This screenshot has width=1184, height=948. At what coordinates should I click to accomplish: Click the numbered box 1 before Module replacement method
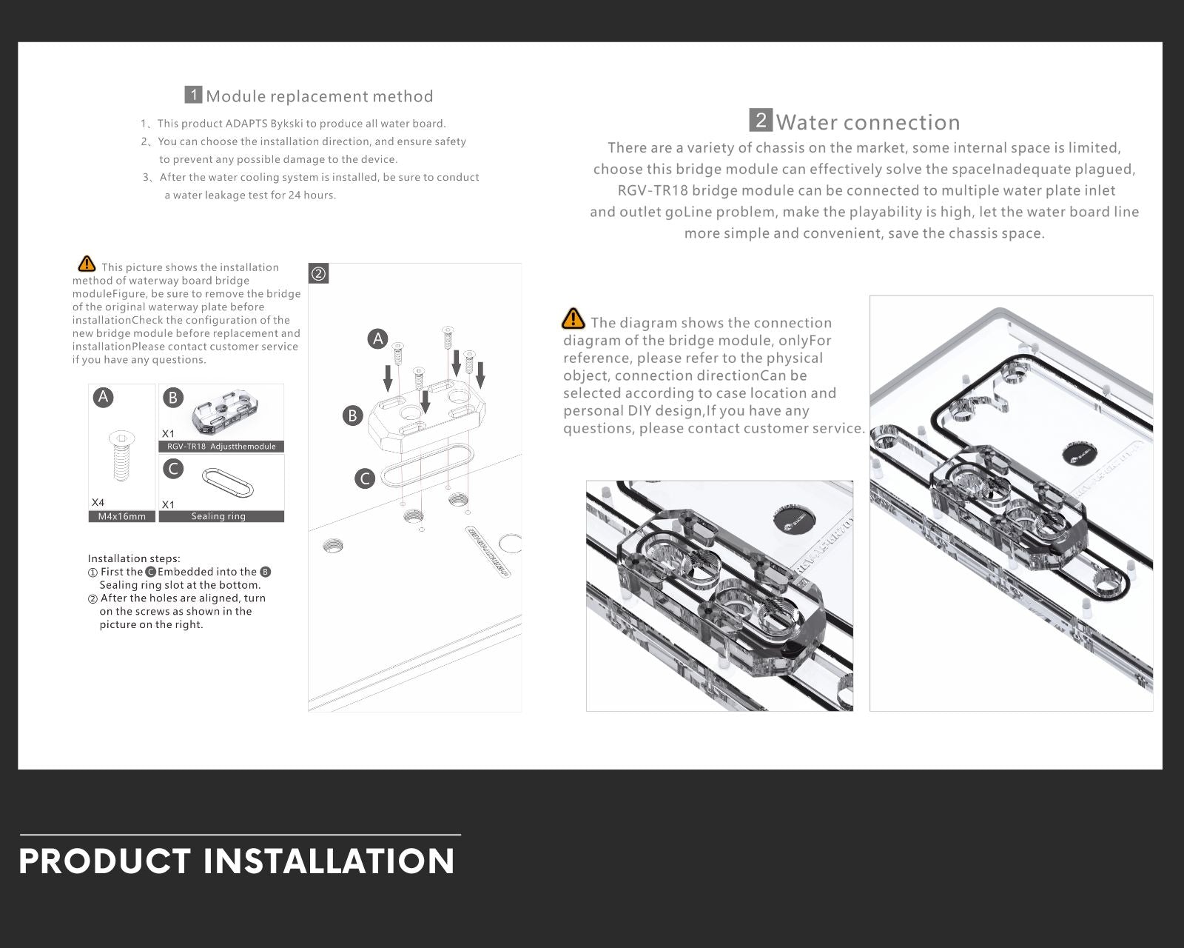click(x=193, y=95)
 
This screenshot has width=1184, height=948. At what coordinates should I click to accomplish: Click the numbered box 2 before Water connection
click(x=761, y=120)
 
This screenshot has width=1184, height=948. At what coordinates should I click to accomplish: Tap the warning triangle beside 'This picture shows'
click(x=87, y=264)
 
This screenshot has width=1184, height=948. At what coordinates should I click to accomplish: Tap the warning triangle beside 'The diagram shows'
click(x=573, y=319)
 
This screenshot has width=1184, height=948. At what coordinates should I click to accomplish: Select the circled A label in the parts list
click(x=104, y=398)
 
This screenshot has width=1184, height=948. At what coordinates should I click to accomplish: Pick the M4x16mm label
click(x=122, y=516)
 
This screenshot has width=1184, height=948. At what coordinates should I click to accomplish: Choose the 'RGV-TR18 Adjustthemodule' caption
click(x=221, y=447)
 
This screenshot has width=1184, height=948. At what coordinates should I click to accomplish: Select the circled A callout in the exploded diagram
click(x=377, y=339)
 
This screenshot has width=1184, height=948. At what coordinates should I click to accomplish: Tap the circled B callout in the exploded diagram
click(x=352, y=415)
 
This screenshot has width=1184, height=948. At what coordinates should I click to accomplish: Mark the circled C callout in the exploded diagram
click(x=365, y=478)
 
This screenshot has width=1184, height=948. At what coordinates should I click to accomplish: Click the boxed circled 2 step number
click(x=318, y=274)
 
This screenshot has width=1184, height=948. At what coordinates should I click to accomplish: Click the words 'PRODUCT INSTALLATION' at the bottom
click(x=237, y=861)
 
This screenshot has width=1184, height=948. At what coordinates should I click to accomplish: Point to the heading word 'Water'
click(x=806, y=122)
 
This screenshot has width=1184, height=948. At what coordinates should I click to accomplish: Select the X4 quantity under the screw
click(x=98, y=502)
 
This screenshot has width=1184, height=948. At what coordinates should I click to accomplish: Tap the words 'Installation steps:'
click(x=134, y=558)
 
